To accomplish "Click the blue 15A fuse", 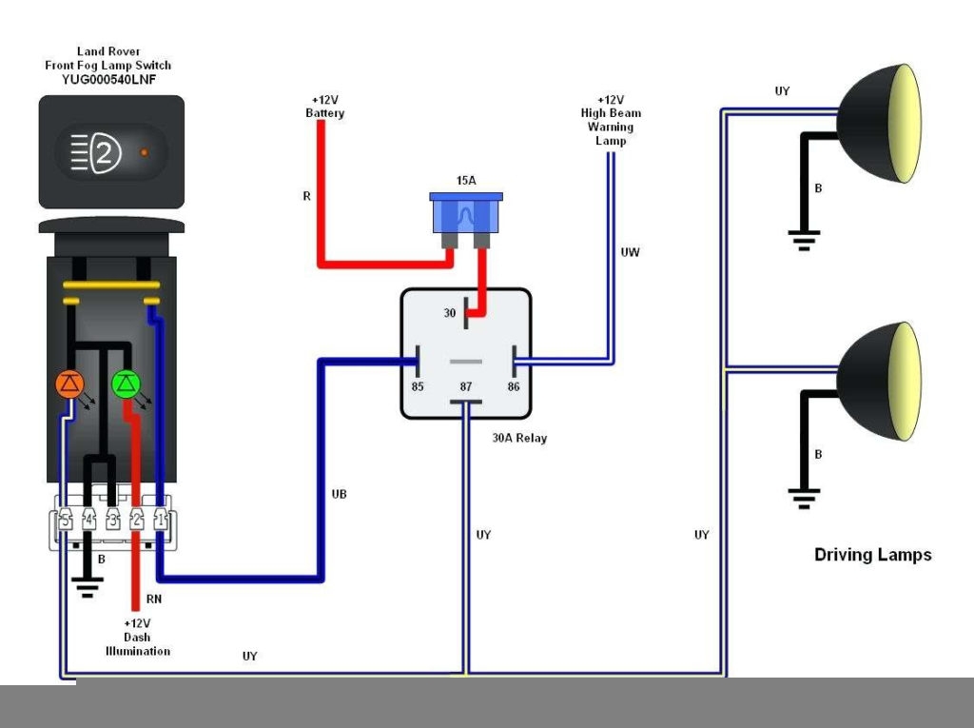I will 466,215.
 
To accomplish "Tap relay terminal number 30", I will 450,313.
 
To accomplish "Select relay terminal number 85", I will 418,387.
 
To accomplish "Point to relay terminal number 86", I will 514,387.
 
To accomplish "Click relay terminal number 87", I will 466,387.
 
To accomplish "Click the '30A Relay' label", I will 519,439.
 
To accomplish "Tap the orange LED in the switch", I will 70,384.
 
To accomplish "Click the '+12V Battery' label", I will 324,107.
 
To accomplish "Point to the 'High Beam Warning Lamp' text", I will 611,120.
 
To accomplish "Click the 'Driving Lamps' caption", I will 872,555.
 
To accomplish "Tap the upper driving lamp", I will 880,124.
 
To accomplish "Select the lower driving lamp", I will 880,381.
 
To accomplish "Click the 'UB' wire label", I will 339,494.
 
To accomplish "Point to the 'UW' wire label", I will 630,252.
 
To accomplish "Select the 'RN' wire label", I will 154,600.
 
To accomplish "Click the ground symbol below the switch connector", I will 88,584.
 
